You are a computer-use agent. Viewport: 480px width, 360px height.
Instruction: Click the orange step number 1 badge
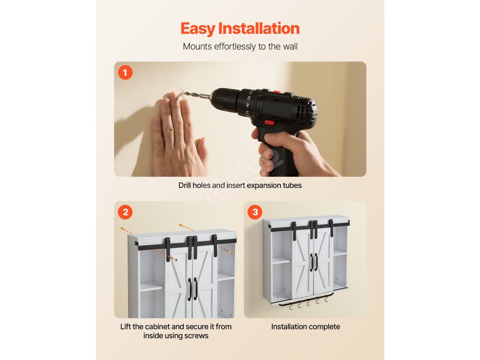(x=125, y=73)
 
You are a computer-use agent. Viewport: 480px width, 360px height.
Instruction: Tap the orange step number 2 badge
(x=125, y=212)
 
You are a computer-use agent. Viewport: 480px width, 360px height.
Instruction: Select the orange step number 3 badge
(x=255, y=212)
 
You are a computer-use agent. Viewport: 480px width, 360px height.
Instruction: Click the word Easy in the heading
(x=197, y=29)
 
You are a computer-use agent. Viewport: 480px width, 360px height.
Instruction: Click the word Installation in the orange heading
(x=259, y=28)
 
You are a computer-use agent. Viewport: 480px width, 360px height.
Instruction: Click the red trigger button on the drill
(x=270, y=123)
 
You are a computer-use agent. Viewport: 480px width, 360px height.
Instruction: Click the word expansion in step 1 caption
(x=266, y=186)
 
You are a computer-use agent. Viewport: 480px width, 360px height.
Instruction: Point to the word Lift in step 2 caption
(x=126, y=327)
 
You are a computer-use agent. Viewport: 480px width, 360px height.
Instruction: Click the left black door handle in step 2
(x=190, y=289)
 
